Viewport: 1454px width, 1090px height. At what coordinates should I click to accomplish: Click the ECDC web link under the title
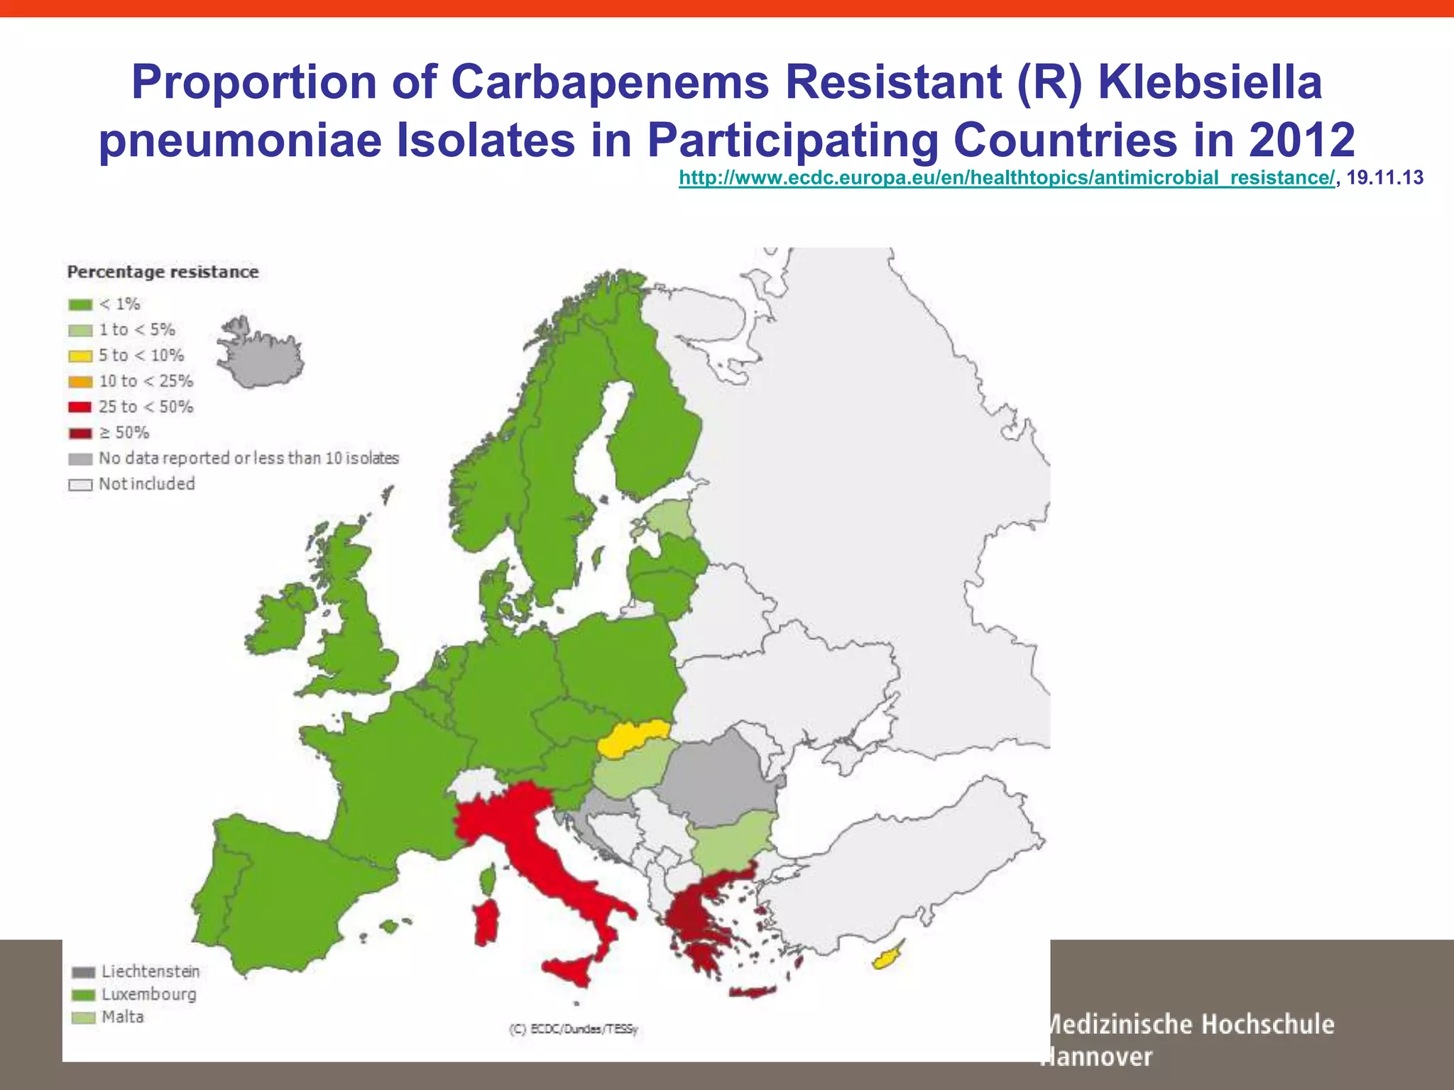(1007, 177)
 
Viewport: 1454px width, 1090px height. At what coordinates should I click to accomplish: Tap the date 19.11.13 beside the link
(1384, 177)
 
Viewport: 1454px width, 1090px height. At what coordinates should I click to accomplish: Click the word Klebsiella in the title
(1210, 82)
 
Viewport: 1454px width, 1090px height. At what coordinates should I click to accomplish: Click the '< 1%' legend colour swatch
(80, 304)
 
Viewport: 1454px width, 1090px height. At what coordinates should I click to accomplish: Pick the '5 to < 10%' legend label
(141, 356)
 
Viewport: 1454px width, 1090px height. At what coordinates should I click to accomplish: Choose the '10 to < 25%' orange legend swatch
(80, 382)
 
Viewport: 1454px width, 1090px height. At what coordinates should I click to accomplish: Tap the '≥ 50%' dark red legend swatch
(80, 433)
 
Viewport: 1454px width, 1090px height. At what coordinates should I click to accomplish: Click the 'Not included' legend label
(147, 484)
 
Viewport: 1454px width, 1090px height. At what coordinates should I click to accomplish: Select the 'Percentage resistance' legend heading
(163, 272)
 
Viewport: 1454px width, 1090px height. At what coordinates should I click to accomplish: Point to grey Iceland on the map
(261, 355)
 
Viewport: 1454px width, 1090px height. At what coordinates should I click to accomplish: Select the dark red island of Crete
(753, 992)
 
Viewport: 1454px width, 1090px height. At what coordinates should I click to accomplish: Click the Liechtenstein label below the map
(151, 971)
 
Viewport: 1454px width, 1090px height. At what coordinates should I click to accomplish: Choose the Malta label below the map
(123, 1017)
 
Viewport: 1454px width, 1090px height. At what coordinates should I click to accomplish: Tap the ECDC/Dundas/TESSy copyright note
(574, 1028)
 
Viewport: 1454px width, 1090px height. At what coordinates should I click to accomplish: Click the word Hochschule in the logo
(1268, 1024)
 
